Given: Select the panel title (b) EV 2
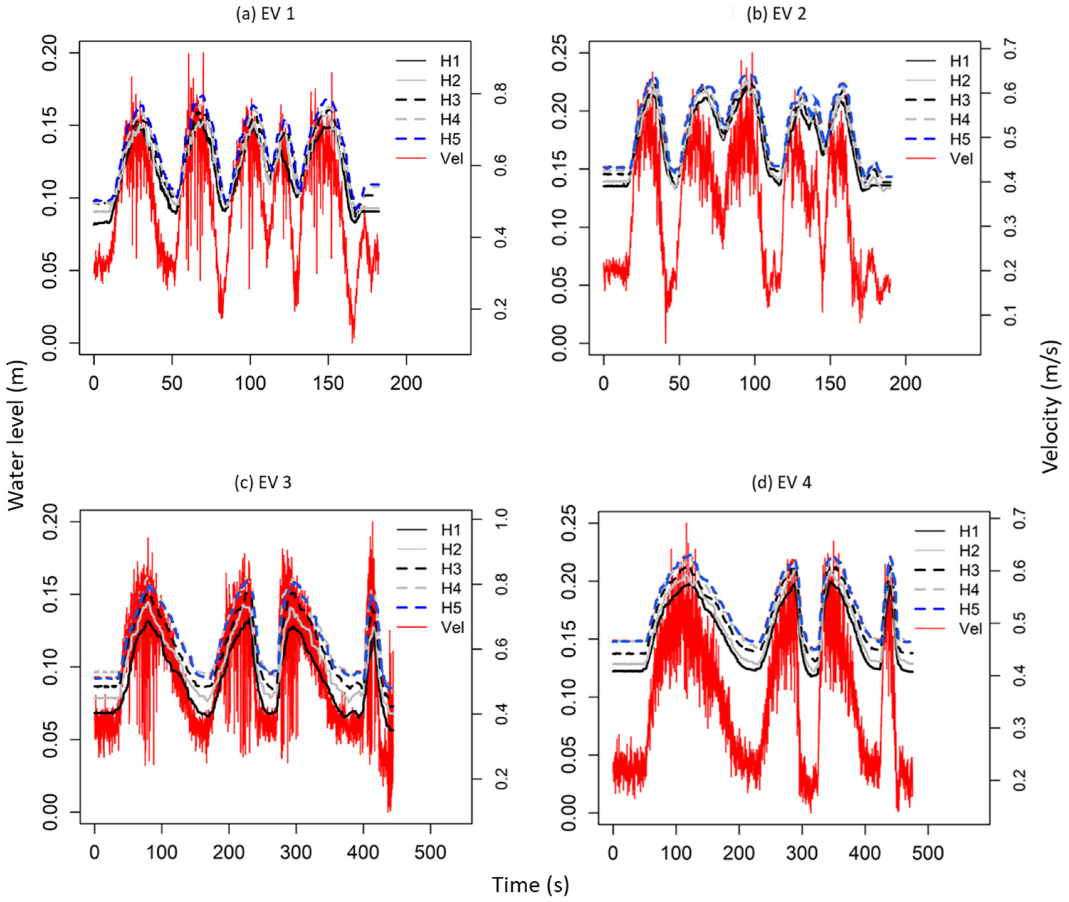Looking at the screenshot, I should point(776,14).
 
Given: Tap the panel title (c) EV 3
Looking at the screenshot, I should point(263,482).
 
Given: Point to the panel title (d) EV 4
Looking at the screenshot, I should point(781,482).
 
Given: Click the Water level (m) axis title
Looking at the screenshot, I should point(16,435).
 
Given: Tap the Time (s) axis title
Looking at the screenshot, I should point(530,885).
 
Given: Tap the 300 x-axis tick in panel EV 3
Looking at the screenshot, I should point(296,853).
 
